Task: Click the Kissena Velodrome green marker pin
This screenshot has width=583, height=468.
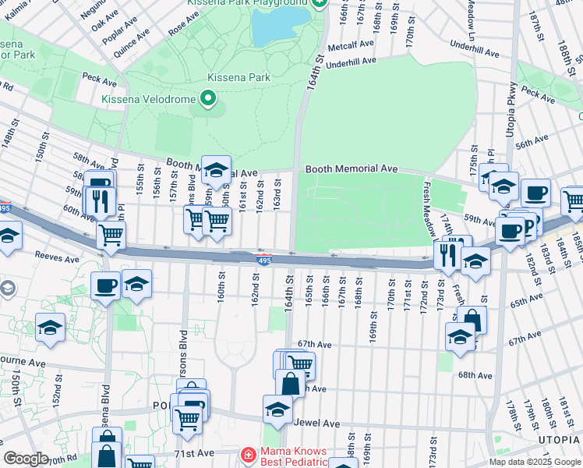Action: point(207,98)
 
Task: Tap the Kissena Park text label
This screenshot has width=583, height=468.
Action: point(238,77)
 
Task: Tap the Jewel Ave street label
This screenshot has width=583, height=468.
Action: point(318,423)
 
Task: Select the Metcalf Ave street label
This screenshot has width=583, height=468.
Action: point(351,45)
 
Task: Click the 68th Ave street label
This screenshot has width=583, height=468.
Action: point(475,375)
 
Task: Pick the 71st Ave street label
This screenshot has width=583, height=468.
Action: point(193,452)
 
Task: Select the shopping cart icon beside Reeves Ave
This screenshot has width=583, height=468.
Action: point(111,233)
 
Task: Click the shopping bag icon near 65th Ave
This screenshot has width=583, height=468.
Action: point(472,319)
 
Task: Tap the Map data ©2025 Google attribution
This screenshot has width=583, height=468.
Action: point(534,462)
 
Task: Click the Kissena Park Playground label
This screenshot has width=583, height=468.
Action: point(248,3)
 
